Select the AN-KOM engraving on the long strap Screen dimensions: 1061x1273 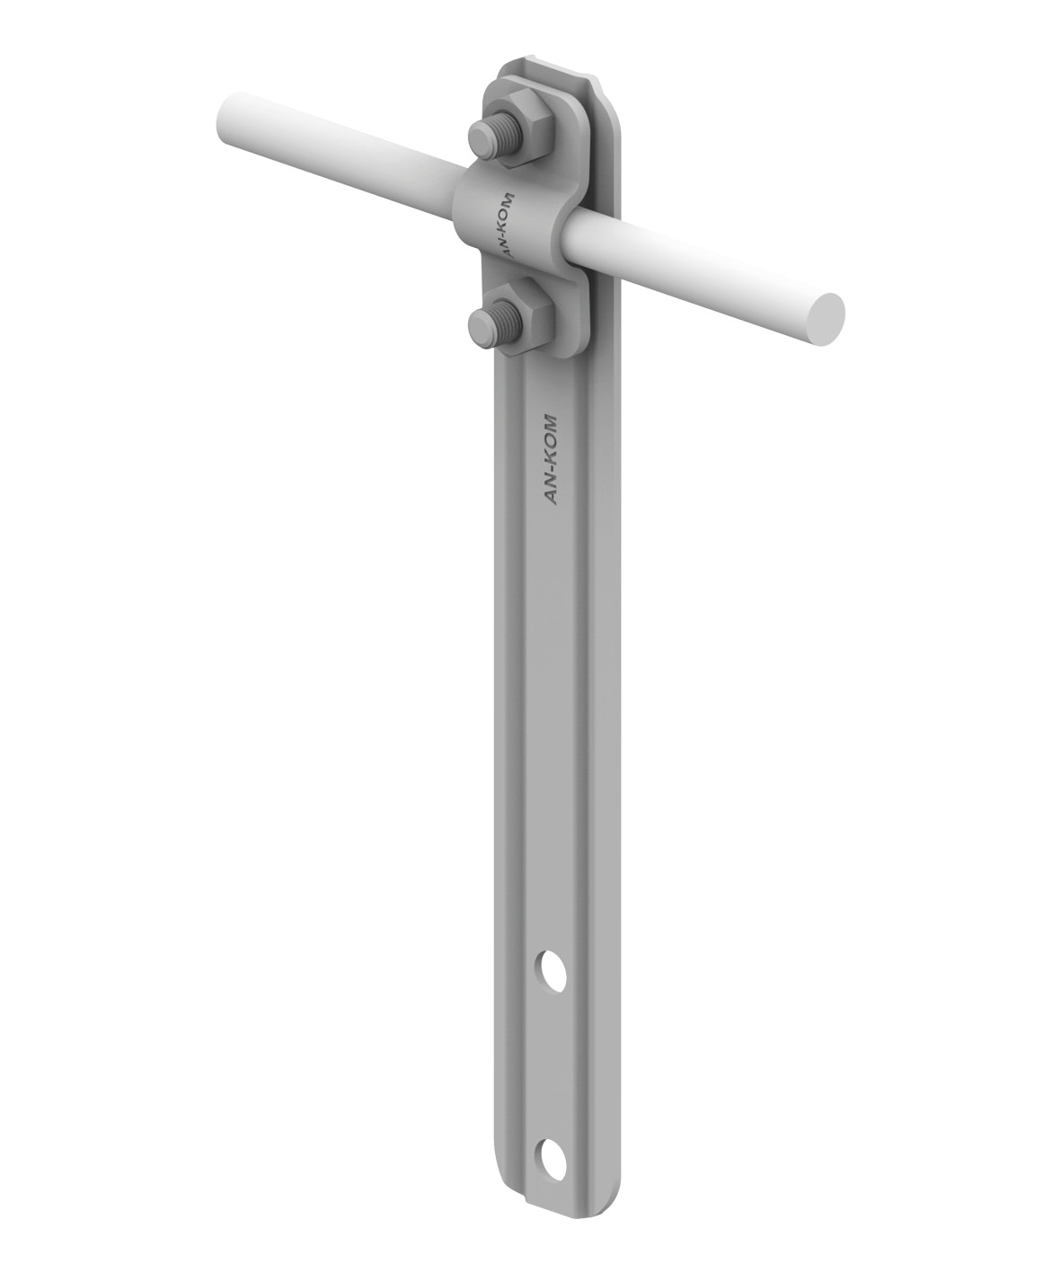(552, 460)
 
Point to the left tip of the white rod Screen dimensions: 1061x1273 (221, 116)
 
